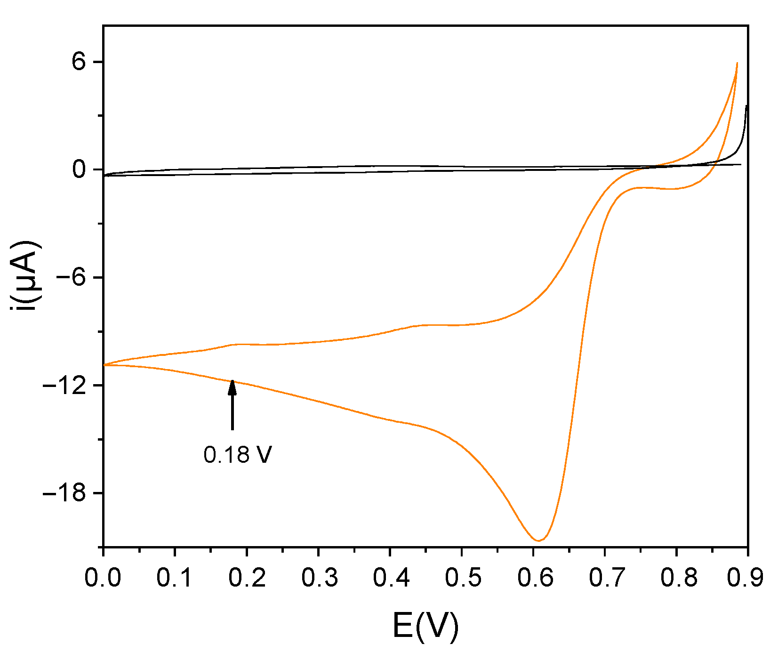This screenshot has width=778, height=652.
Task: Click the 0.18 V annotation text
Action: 238,455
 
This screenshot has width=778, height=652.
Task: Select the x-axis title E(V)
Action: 425,627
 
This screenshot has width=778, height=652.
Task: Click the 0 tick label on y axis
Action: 80,169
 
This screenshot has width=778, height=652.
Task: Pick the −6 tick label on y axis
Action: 72,277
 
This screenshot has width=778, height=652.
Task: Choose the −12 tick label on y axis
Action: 65,385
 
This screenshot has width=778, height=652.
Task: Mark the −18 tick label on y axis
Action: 65,493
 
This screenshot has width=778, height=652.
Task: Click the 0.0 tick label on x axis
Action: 103,578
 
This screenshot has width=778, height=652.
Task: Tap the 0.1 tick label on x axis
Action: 175,578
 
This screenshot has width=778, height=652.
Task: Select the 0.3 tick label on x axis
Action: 319,578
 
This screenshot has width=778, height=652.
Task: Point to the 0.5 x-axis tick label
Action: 462,578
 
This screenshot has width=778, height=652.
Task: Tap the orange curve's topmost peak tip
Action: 737,63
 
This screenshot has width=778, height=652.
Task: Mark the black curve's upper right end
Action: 746,106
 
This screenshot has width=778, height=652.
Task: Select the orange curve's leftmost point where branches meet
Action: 104,365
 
